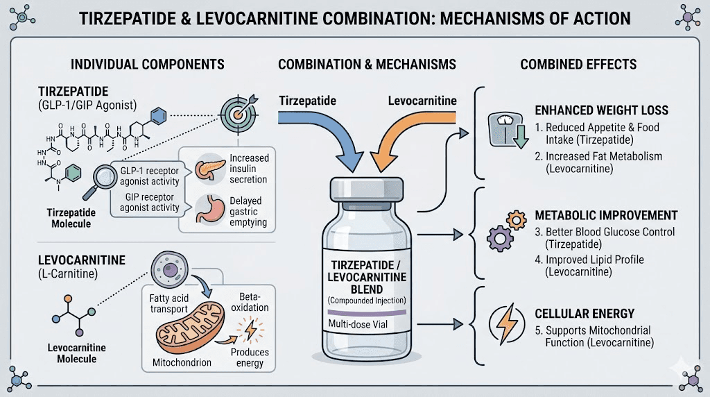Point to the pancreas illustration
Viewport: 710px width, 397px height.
pos(207,169)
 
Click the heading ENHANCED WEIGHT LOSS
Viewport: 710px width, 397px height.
pos(601,110)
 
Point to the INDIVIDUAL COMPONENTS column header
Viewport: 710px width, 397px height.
pos(148,64)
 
